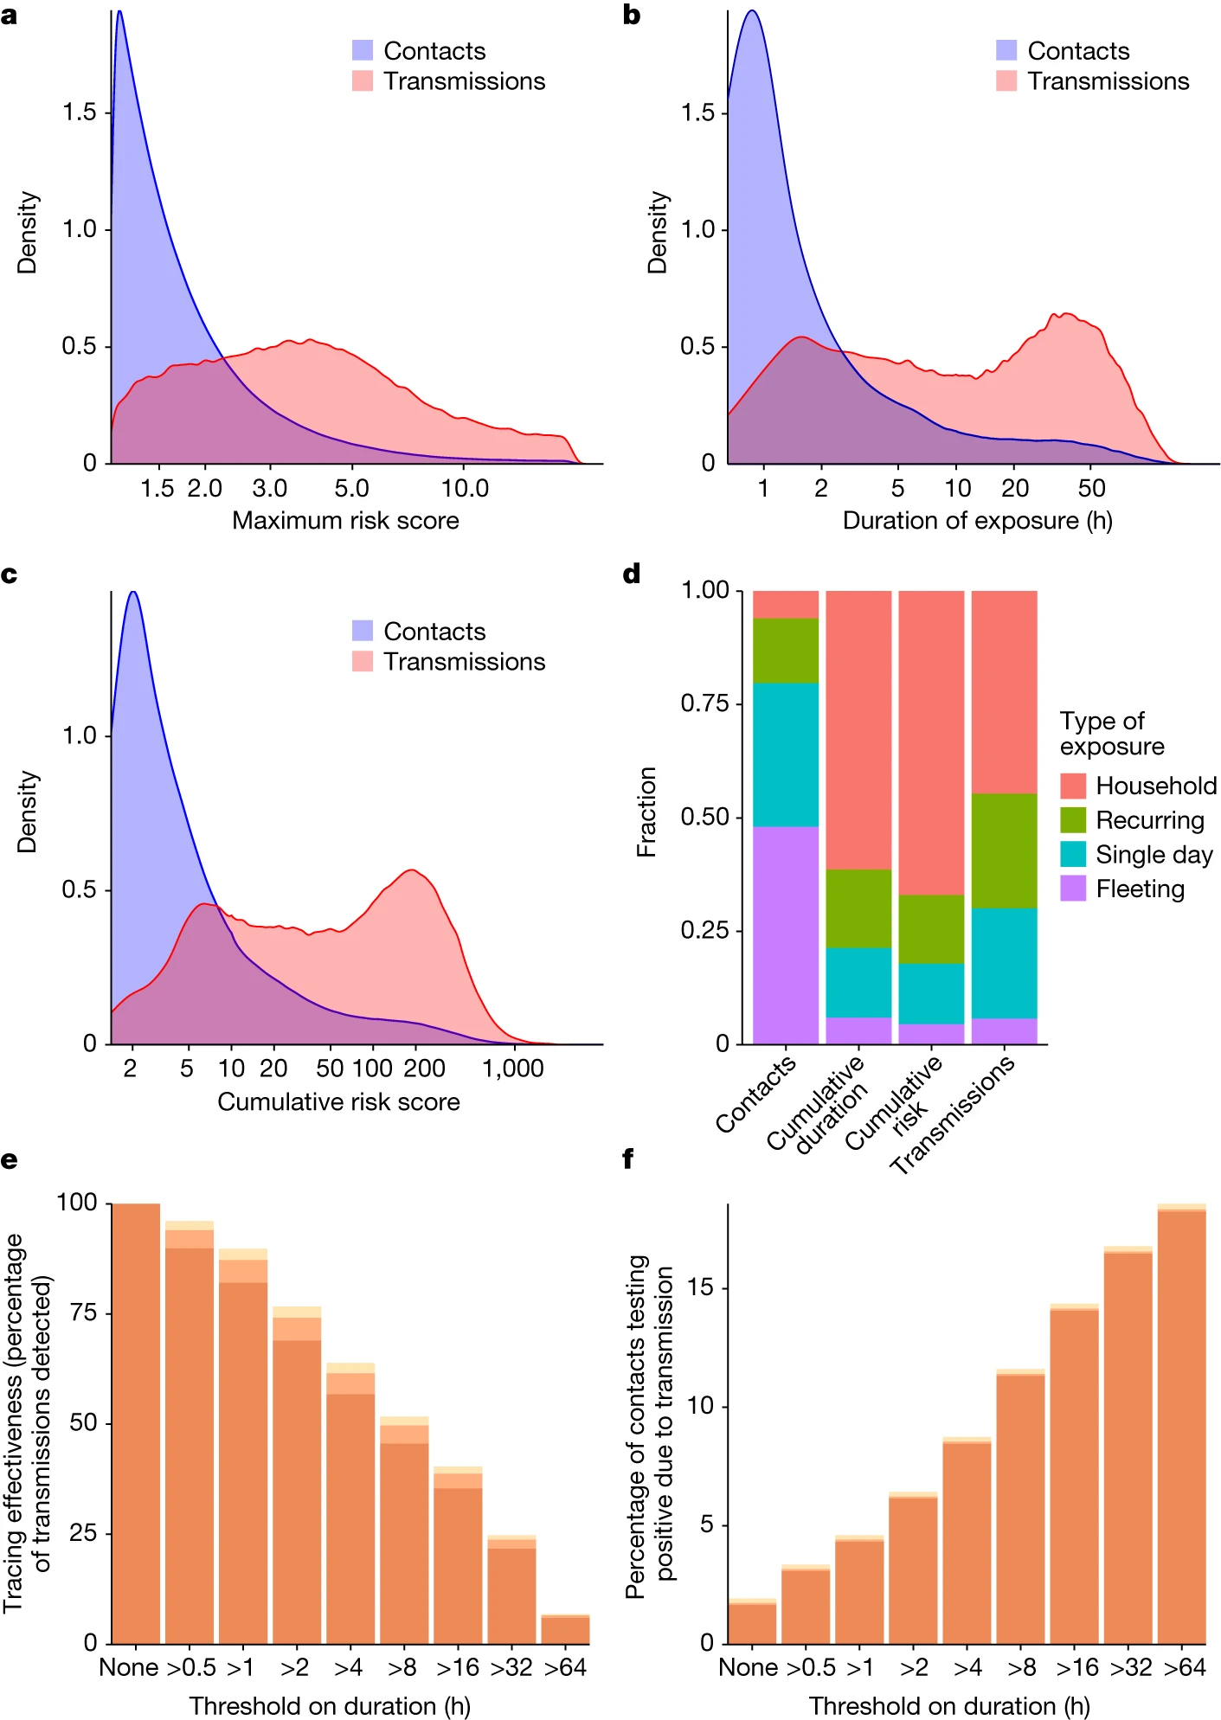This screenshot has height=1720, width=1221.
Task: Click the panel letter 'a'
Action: pos(10,16)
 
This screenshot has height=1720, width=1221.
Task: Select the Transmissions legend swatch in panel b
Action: pos(1006,81)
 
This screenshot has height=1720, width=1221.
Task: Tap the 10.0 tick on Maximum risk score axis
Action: pos(465,489)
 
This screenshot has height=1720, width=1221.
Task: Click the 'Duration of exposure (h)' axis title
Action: pos(977,521)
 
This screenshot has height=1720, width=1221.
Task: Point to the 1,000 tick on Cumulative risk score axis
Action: pos(513,1069)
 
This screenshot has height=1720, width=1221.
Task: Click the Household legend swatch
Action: pos(1073,786)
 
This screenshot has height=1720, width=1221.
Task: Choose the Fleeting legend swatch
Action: pos(1073,889)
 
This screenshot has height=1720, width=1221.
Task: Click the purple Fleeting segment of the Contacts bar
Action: pos(786,934)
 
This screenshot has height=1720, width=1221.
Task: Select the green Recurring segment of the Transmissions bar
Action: pos(1004,850)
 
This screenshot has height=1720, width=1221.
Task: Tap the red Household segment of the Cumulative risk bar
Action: pos(931,742)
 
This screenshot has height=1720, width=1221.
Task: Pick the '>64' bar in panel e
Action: pos(565,1630)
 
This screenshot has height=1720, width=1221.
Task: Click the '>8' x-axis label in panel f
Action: pos(1021,1667)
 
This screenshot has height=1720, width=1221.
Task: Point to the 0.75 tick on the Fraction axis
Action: pos(704,703)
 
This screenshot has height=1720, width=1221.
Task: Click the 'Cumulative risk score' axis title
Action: pos(338,1102)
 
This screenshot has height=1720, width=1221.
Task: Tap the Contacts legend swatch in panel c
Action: pos(363,632)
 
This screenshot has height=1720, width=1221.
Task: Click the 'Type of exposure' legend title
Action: pos(1111,734)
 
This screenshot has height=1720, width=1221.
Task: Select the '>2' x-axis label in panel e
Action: pos(295,1667)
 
